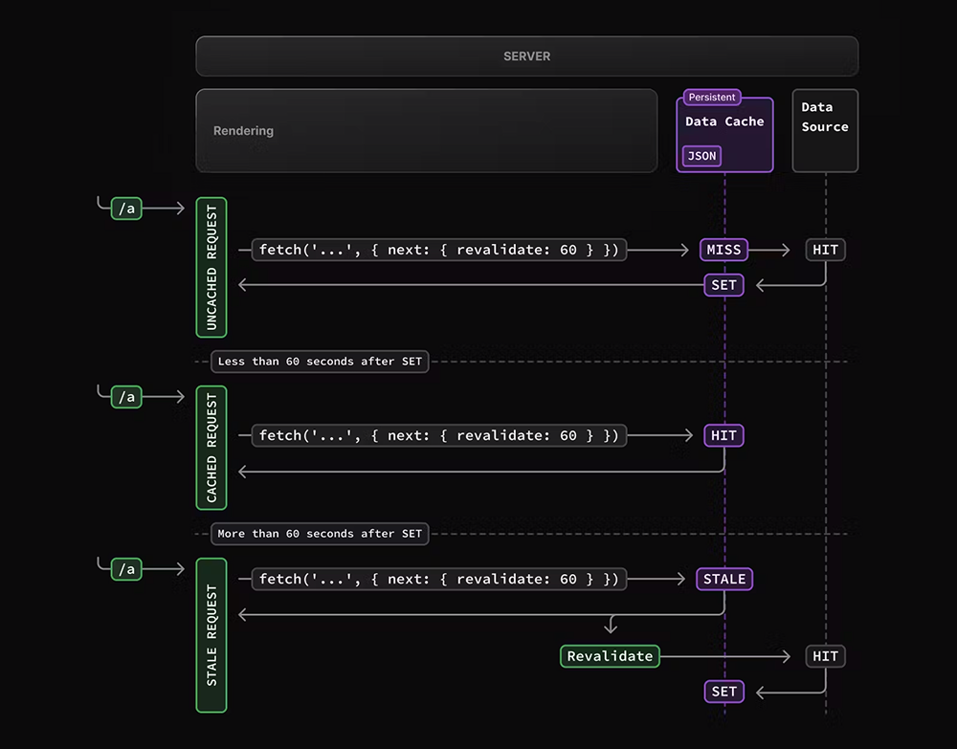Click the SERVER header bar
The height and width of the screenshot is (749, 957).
point(526,56)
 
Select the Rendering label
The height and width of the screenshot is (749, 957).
point(243,131)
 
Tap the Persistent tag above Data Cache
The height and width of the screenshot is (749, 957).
point(712,97)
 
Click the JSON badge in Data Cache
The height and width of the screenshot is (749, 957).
point(701,156)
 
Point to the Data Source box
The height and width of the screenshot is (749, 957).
point(825,130)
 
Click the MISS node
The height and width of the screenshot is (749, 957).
point(724,250)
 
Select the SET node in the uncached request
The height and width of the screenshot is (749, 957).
point(724,285)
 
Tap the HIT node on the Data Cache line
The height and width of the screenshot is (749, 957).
point(724,435)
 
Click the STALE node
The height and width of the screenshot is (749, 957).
point(724,579)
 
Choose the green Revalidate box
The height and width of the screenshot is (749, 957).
point(610,656)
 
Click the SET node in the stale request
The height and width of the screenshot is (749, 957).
point(724,691)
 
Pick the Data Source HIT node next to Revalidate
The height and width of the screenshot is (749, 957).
point(825,656)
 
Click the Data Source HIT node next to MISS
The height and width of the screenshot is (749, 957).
point(825,250)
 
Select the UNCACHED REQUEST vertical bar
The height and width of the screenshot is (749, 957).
point(211,268)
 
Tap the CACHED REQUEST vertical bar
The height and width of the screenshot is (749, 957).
point(211,448)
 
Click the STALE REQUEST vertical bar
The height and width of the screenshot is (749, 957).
point(211,635)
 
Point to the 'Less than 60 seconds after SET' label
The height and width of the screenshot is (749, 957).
point(320,362)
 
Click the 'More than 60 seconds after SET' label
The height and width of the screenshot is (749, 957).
point(320,534)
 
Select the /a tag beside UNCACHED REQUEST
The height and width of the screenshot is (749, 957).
point(126,209)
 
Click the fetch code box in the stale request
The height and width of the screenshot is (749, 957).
point(439,579)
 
